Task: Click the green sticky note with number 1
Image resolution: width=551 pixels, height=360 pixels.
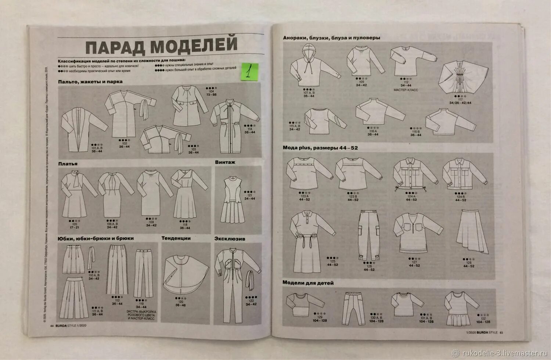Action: (x=249, y=71)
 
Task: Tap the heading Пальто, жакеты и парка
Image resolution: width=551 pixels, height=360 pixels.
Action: (x=90, y=82)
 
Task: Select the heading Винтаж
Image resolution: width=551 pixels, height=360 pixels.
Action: (x=225, y=162)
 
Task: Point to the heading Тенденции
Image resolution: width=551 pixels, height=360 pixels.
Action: (x=176, y=238)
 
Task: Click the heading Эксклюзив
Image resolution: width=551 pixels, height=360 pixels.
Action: (x=230, y=238)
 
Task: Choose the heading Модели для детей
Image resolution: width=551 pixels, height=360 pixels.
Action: (x=308, y=283)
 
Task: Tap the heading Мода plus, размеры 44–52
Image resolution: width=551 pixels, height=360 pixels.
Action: (x=320, y=148)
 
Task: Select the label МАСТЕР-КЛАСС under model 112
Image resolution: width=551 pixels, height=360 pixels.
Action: (x=406, y=90)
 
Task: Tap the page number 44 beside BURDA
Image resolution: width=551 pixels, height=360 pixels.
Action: (x=52, y=325)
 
